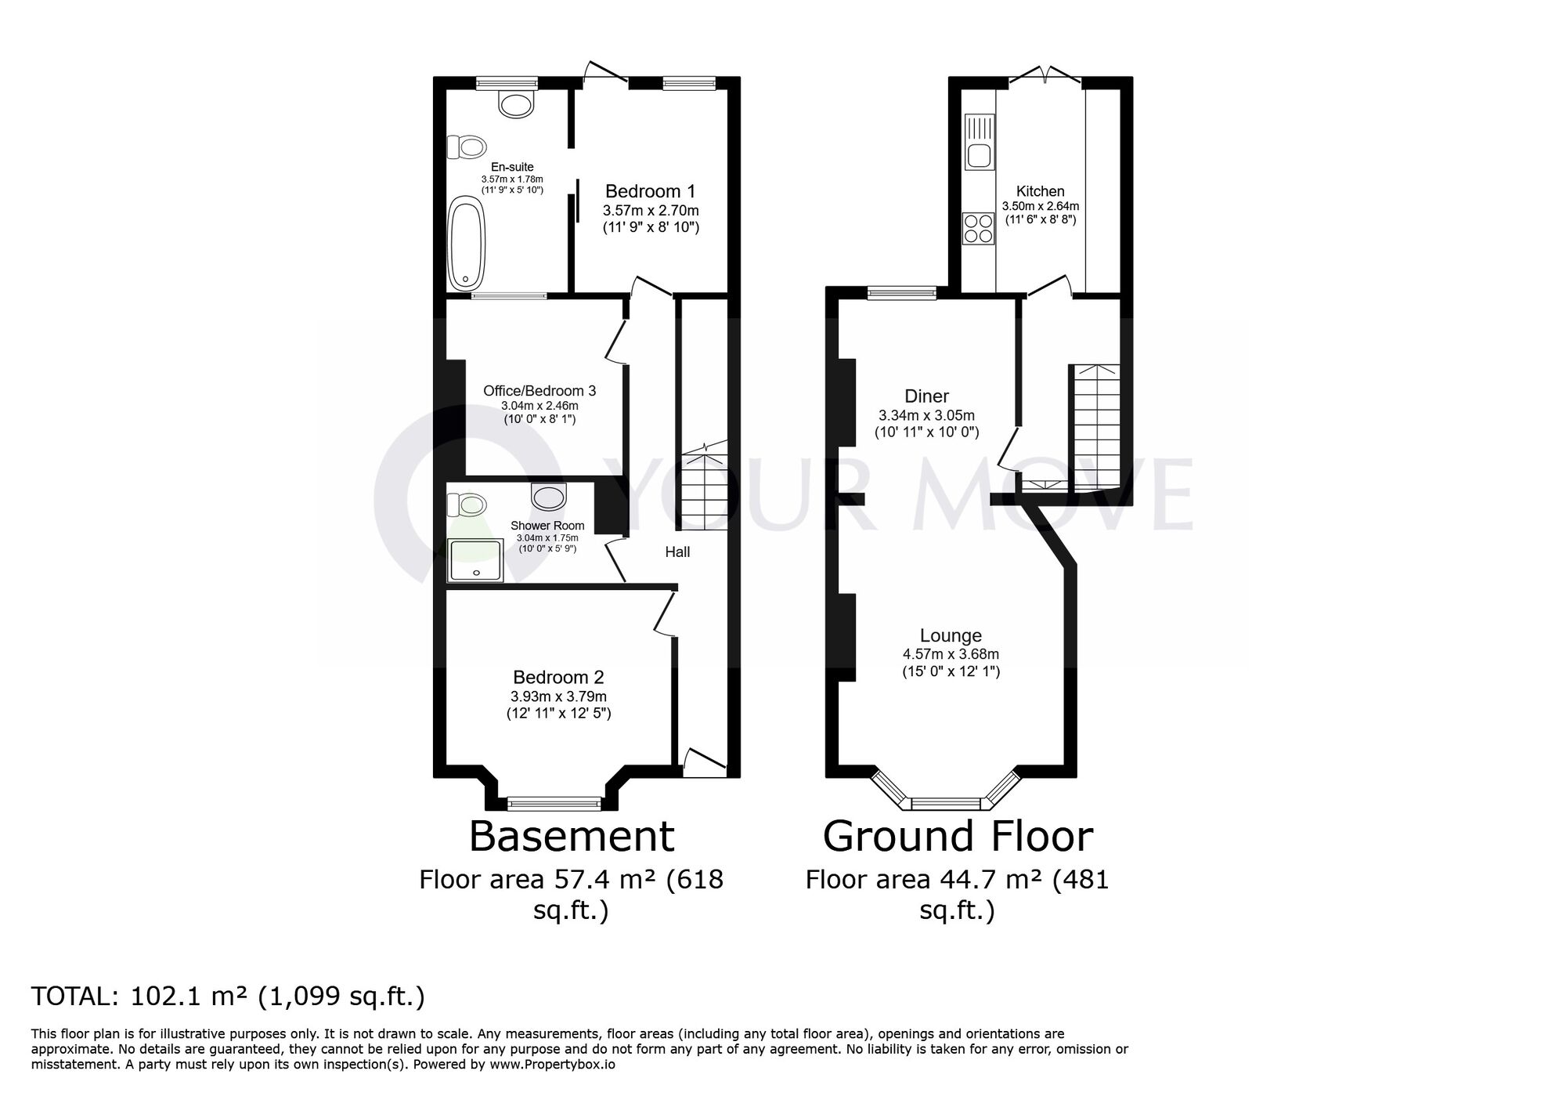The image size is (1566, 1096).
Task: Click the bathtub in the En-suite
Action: click(x=466, y=244)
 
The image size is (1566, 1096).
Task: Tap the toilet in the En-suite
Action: click(x=467, y=146)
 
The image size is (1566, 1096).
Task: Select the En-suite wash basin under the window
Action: click(x=516, y=104)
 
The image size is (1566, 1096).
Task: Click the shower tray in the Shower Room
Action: click(x=475, y=560)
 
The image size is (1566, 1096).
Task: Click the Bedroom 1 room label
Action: click(x=650, y=191)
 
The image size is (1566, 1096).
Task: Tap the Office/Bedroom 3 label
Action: click(x=539, y=390)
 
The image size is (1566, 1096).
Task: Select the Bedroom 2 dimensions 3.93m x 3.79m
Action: click(x=558, y=696)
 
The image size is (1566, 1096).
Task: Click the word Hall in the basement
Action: click(x=677, y=552)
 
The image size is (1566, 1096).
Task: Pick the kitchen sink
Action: click(x=979, y=142)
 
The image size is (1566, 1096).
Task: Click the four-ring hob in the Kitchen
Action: click(x=979, y=229)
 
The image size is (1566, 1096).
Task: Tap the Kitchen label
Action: click(x=1040, y=191)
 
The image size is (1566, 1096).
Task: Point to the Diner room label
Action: click(x=926, y=396)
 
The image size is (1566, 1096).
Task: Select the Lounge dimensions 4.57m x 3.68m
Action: click(x=951, y=654)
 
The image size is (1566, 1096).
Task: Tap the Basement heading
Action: click(x=572, y=836)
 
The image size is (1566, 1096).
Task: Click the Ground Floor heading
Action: click(x=957, y=836)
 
